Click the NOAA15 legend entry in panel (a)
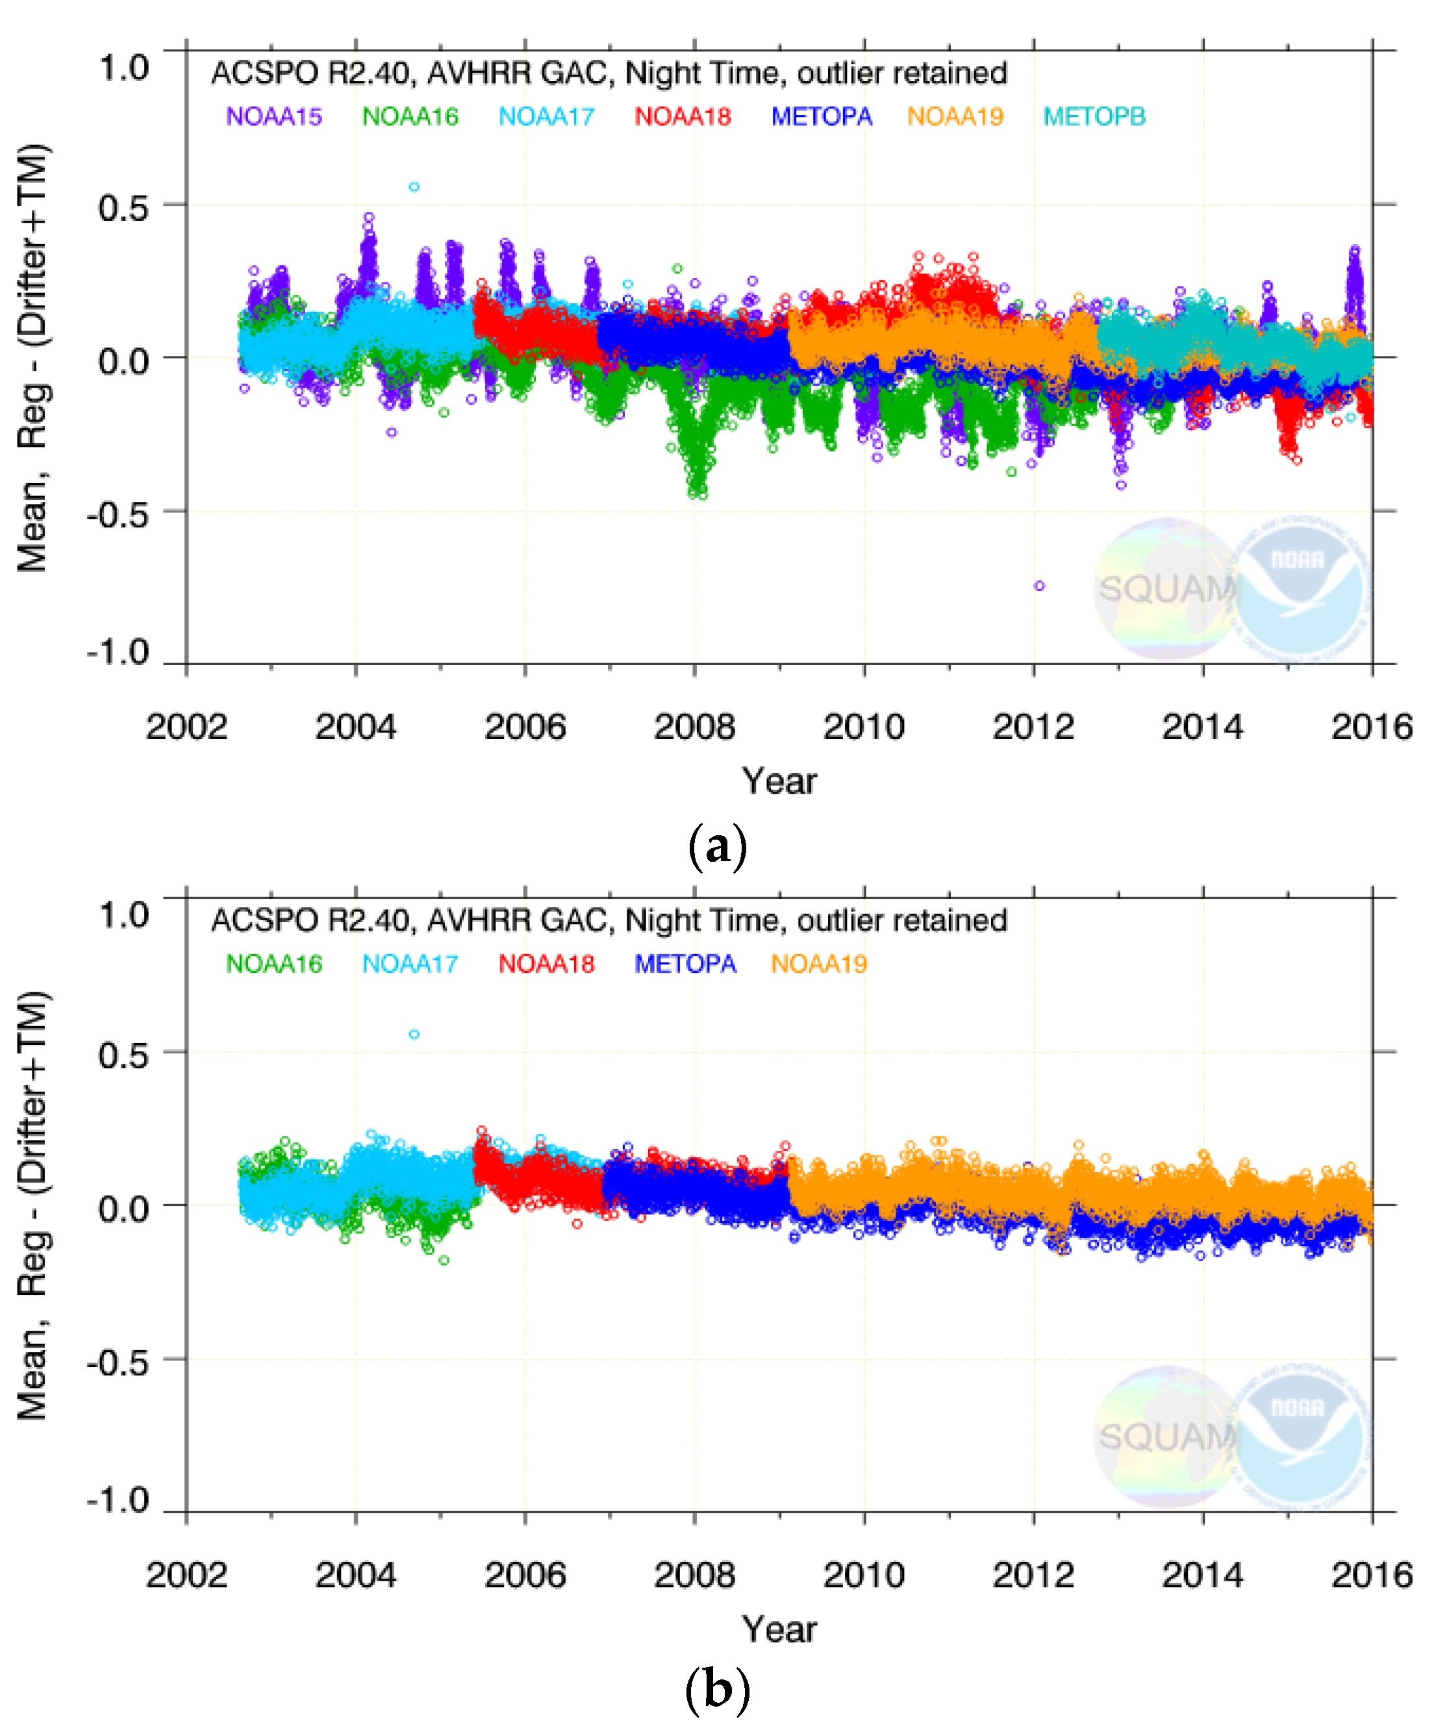274,116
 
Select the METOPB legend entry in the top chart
1094,116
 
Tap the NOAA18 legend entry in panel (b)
546,963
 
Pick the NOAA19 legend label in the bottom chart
818,963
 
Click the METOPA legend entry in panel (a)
822,116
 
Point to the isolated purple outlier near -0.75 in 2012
1039,586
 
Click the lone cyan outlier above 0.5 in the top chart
414,187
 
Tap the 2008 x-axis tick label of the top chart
694,727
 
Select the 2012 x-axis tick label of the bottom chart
1033,1575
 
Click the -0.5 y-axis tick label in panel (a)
119,514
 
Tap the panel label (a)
716,846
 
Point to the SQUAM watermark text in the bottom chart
1166,1437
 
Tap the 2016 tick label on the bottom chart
1370,1575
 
